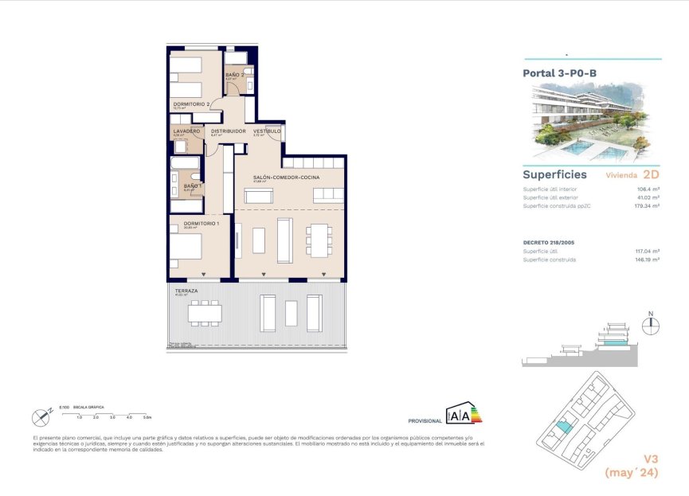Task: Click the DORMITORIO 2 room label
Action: pos(191,104)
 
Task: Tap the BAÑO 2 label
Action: pos(234,74)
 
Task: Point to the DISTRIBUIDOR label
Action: pos(228,131)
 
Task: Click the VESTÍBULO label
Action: pos(266,131)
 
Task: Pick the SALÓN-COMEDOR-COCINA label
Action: pos(282,178)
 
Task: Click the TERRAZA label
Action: pos(186,291)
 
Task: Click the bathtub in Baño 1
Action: pos(185,164)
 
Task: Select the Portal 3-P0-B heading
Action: pos(559,72)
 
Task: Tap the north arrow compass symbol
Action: pos(651,322)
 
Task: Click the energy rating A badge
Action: pos(464,414)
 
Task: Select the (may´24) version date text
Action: pos(631,473)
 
